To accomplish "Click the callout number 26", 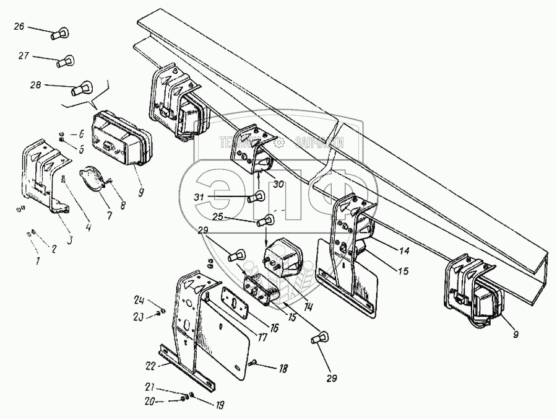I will (19, 26).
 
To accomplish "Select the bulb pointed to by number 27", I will (64, 62).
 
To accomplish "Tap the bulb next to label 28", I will (79, 90).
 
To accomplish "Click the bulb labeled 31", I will (254, 198).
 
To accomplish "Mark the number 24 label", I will (138, 301).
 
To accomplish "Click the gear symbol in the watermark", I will (280, 141).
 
